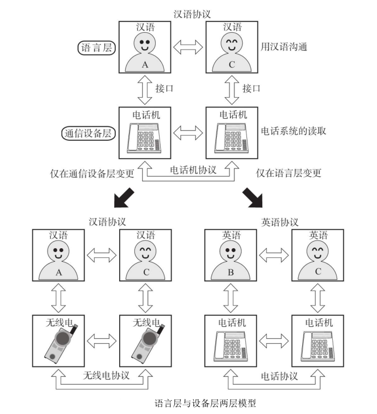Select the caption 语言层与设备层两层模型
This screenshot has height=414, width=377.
pyautogui.click(x=205, y=404)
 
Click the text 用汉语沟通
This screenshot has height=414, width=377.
pyautogui.click(x=284, y=47)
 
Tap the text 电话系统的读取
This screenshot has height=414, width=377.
pyautogui.click(x=294, y=131)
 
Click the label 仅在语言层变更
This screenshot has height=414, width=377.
pyautogui.click(x=288, y=174)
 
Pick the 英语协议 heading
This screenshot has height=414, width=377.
pyautogui.click(x=280, y=222)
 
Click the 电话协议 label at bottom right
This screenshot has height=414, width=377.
pyautogui.click(x=280, y=376)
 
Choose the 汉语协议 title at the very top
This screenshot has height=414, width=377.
pyautogui.click(x=192, y=14)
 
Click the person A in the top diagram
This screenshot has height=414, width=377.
pyautogui.click(x=145, y=53)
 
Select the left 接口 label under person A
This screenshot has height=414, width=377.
pyautogui.click(x=164, y=88)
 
